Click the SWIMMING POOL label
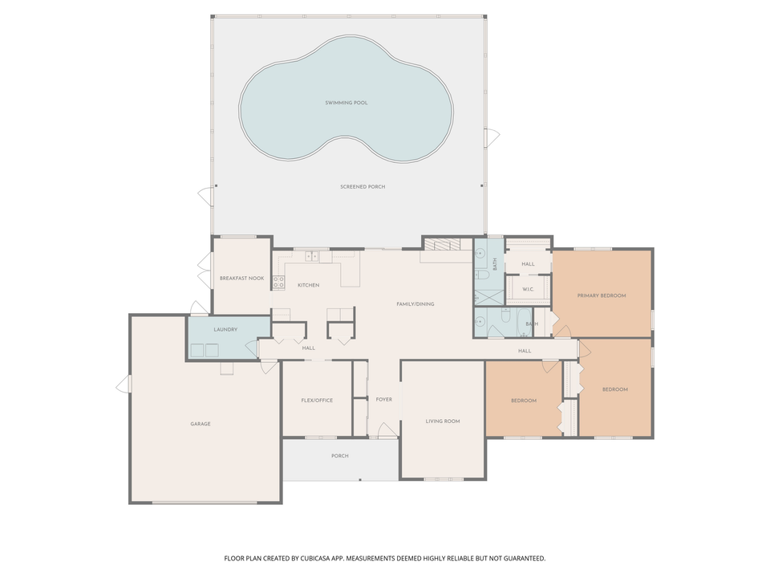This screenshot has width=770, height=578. tap(346, 103)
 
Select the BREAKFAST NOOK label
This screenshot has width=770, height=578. tap(241, 278)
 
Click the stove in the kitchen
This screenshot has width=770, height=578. tap(279, 282)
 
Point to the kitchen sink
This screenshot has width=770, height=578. tap(312, 256)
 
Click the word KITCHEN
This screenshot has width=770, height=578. tap(309, 285)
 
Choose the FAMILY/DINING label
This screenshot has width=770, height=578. tap(415, 303)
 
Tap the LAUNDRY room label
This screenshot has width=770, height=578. tap(225, 329)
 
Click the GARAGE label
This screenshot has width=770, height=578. tap(201, 424)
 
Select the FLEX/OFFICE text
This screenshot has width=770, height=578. tap(317, 400)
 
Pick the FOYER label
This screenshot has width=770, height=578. tap(384, 399)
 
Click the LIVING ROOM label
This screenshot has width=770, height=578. tap(443, 421)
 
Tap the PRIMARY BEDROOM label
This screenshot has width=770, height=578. tap(602, 295)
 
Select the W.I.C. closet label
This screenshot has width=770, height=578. tap(529, 289)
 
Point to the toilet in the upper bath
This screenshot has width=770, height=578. tap(483, 274)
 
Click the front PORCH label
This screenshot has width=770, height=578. tap(340, 456)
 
